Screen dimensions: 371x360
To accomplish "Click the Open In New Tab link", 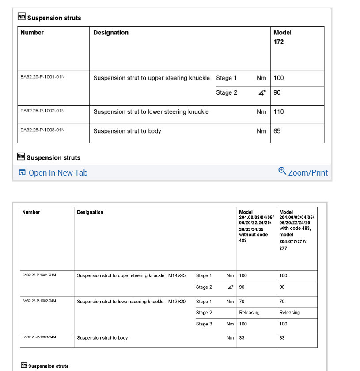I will (53, 173).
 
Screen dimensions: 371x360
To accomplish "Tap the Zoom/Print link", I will (303, 172).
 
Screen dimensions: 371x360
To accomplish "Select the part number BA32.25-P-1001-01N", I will (43, 77).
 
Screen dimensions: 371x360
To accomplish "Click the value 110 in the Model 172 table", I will (279, 112).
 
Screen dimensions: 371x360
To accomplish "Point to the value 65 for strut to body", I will (277, 131).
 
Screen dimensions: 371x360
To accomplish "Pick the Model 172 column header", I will (282, 37).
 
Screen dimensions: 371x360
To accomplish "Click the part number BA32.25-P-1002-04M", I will (39, 301).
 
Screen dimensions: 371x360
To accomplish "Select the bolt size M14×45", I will (177, 275).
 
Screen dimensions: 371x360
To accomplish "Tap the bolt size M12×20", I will (177, 302).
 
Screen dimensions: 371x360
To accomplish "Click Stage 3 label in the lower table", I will (204, 324).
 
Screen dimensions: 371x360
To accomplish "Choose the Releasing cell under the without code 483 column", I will (250, 313).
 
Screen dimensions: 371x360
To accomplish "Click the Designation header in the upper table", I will (111, 33).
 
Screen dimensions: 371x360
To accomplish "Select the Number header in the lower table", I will (31, 212).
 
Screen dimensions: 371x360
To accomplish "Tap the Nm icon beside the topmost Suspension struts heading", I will (22, 17).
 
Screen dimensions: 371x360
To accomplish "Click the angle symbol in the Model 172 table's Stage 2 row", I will (262, 93).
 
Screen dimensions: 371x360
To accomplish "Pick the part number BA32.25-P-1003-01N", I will (43, 130).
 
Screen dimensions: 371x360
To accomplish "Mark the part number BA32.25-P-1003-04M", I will (39, 337).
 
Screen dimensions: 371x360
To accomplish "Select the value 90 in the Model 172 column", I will (277, 93).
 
